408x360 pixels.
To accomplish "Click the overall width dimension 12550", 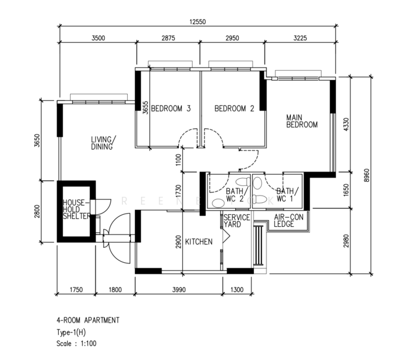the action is pos(197,22).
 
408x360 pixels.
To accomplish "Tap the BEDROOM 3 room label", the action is pos(170,108).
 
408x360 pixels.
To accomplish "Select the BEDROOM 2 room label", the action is pos(234,108).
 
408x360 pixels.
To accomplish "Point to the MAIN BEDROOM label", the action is pos(302,121).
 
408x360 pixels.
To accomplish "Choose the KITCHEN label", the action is pos(199,242).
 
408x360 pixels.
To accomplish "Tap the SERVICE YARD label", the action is pos(236,221).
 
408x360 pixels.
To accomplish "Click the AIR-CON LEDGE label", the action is pos(289,221).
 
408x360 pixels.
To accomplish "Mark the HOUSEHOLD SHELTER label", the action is pos(77,209).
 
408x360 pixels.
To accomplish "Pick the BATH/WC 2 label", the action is pos(235,195).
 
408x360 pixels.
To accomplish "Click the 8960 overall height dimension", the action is pos(367,175).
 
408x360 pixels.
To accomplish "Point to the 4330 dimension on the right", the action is pos(346,125).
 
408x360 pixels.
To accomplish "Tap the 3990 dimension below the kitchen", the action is pos(179,290).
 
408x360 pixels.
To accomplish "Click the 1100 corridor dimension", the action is pos(178,160).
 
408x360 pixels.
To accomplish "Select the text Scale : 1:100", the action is pos(77,344).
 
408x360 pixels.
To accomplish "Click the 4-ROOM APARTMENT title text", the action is pos(88,320).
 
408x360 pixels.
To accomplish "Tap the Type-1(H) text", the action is pos(71,332).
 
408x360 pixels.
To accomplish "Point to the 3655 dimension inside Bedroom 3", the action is pos(145,107).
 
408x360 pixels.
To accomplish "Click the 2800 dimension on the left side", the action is pos(37,211).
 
